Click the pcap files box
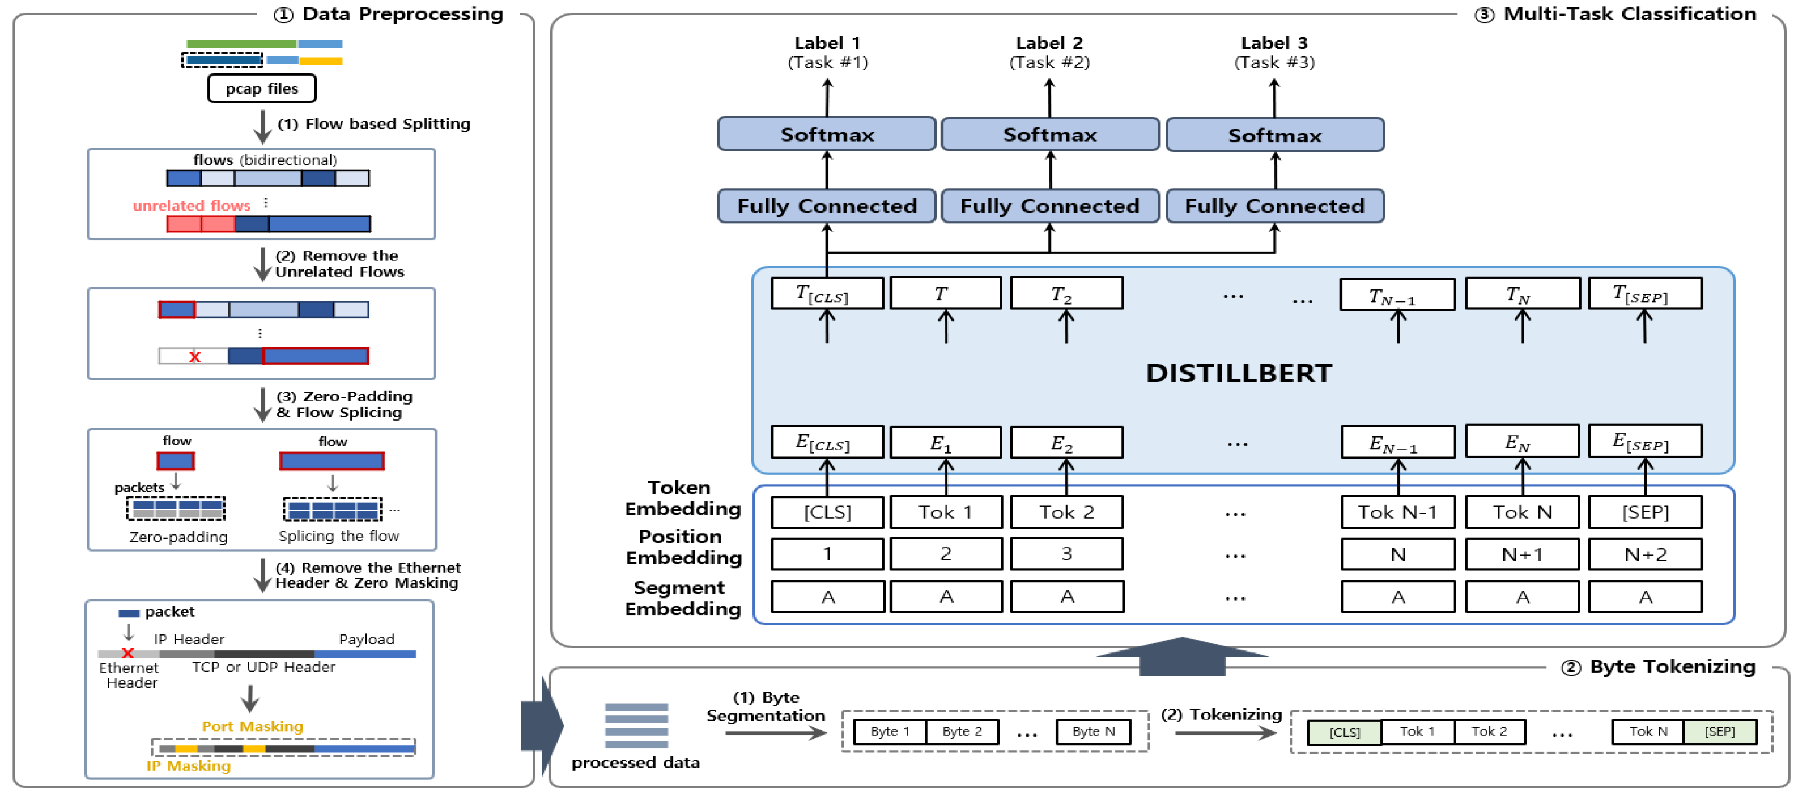tap(261, 89)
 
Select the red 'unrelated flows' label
tap(192, 206)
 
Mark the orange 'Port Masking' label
tap(252, 726)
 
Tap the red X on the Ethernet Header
tap(127, 653)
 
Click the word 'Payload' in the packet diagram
tap(366, 639)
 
